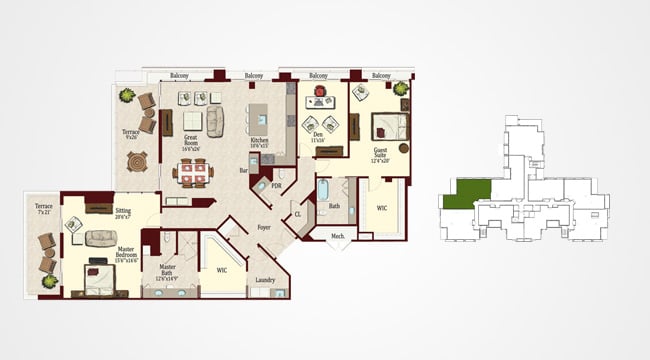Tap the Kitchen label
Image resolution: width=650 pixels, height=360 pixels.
[x=260, y=140]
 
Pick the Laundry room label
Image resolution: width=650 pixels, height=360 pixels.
[x=265, y=280]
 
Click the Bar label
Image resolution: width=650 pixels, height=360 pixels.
[x=242, y=170]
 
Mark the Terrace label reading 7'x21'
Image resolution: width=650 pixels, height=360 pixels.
[x=44, y=209]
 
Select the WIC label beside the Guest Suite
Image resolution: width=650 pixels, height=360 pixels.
[x=382, y=208]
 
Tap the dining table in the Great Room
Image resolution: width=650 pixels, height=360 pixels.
[x=192, y=173]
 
